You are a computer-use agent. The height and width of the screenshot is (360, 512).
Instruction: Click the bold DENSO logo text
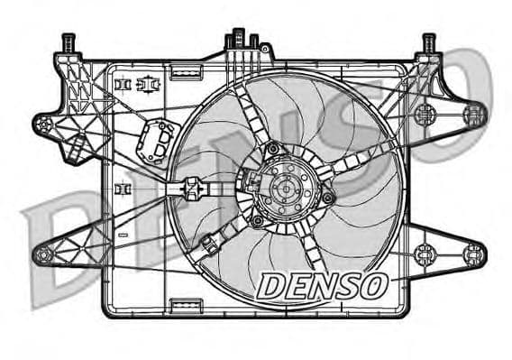click(x=322, y=286)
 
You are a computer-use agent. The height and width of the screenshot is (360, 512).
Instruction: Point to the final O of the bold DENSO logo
click(x=372, y=286)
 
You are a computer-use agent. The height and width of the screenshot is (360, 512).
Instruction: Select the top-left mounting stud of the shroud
click(x=67, y=43)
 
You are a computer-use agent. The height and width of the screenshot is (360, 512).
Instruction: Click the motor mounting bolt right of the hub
click(x=327, y=197)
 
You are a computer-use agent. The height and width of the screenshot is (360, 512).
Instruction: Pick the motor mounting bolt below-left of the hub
click(x=259, y=220)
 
